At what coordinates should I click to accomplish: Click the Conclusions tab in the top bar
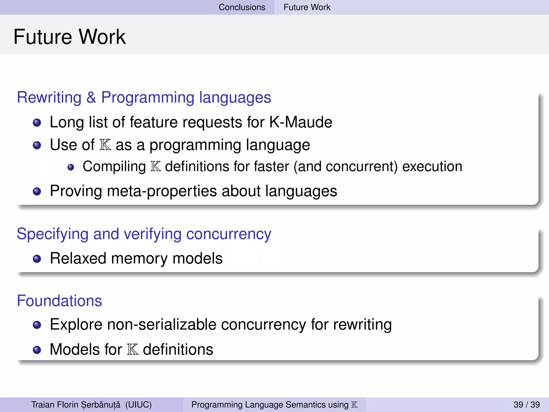pos(242,7)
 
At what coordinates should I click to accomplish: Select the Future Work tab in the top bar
pos(307,7)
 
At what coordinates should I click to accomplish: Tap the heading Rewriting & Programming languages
pos(144,97)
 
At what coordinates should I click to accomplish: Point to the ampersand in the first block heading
pos(91,97)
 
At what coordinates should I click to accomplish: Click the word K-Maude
pos(301,122)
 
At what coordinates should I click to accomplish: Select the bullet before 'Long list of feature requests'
pos(37,123)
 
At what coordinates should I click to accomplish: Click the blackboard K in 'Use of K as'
pos(105,145)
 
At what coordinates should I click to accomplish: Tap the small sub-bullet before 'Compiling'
pos(71,167)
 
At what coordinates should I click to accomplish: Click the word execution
pos(432,166)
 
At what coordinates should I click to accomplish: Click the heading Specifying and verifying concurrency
pos(144,234)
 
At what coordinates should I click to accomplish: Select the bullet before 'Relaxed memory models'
pos(37,259)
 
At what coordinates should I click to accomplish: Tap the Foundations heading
pos(60,301)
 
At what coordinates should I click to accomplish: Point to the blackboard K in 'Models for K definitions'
pos(133,350)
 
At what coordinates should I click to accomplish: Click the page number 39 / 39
pos(526,404)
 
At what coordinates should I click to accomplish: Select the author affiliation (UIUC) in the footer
pos(138,404)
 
